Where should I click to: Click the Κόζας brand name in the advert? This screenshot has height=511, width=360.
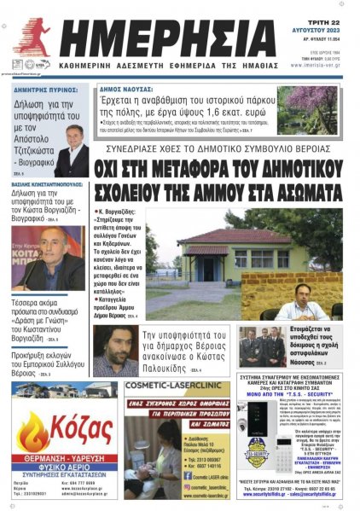point(77,426)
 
